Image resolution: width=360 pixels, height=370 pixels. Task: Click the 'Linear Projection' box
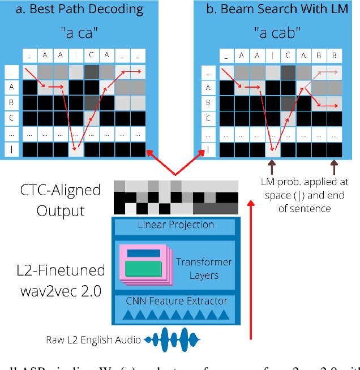point(176,225)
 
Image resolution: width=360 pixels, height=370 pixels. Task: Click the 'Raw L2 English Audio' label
point(94,340)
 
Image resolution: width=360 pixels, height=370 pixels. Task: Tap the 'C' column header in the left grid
point(91,55)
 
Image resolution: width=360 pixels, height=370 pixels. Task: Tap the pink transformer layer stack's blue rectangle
point(143,253)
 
